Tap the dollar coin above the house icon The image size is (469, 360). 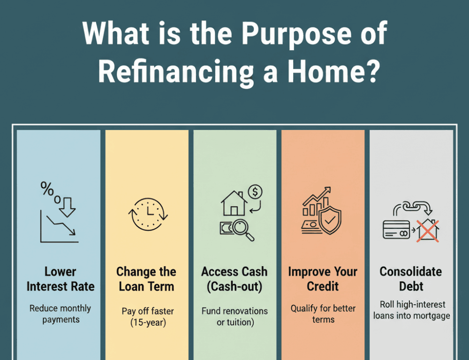[255, 192]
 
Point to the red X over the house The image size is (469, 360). [427, 231]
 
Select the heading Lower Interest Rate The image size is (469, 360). [60, 279]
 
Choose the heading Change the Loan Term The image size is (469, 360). [146, 279]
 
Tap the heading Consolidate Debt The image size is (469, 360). [411, 279]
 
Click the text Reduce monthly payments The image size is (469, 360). [60, 314]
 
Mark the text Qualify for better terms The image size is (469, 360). [323, 314]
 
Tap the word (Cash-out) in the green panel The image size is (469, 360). [234, 287]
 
